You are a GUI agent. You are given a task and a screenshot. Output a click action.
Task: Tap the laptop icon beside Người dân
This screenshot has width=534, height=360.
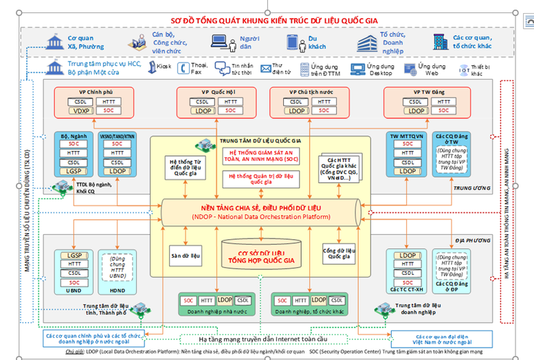click(x=219, y=41)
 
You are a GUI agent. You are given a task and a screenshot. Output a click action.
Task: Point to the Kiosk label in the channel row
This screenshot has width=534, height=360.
click(x=164, y=67)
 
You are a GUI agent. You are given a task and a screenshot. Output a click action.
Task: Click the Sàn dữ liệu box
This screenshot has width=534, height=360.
click(x=185, y=256)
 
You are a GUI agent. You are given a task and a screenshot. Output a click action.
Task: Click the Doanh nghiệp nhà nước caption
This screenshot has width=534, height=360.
click(x=214, y=311)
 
